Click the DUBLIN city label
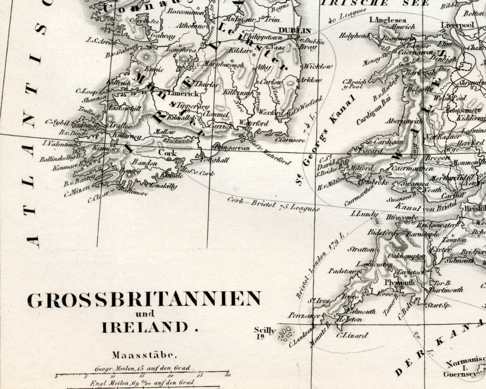coord(295,31)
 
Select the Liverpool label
coord(457,25)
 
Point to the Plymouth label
coord(400,283)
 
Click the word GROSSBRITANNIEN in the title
coord(144,300)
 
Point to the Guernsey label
coord(461,374)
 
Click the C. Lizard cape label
coord(352,335)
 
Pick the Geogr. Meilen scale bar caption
coord(142,368)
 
